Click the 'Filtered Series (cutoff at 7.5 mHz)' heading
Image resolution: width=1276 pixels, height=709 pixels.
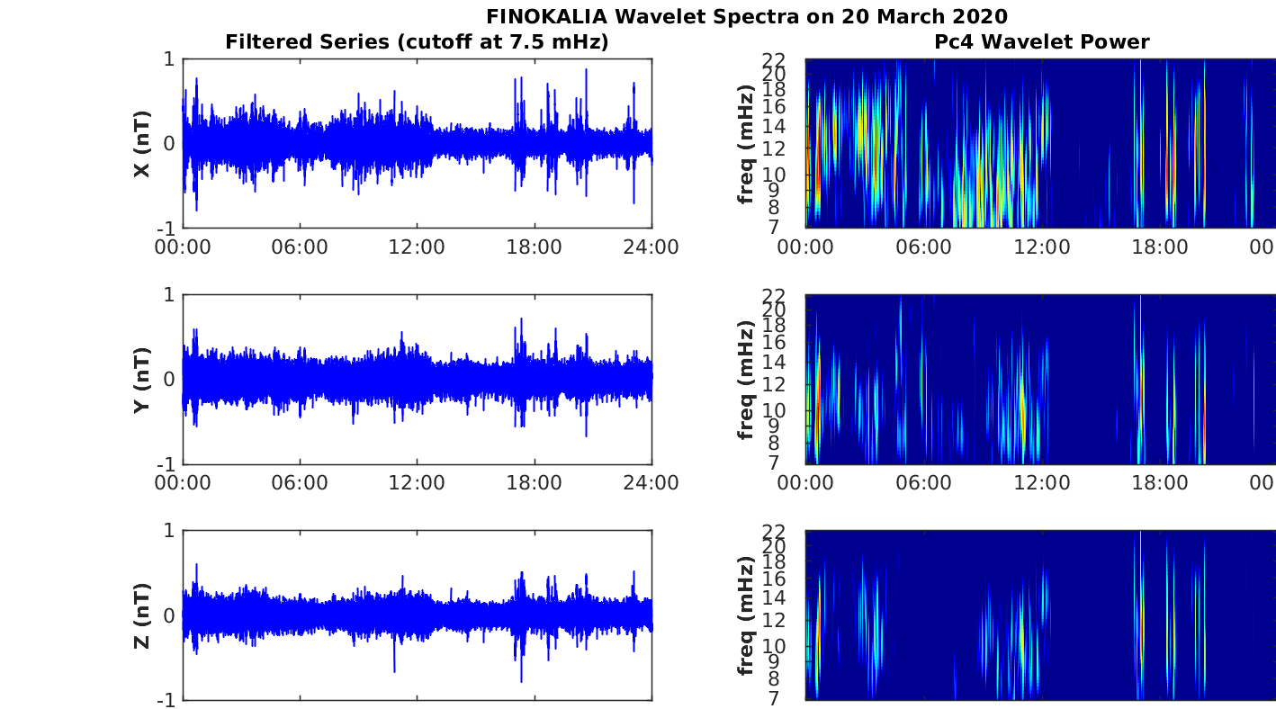tap(417, 41)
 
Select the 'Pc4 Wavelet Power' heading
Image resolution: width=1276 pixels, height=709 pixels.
tap(1041, 41)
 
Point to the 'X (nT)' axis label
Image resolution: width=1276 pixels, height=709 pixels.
tap(142, 144)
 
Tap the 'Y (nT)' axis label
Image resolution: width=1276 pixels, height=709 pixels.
tap(142, 381)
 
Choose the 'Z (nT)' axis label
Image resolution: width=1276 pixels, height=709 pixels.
tap(142, 615)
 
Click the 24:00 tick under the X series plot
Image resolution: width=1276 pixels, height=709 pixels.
tap(651, 247)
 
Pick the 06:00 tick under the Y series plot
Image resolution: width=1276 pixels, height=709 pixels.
tap(300, 483)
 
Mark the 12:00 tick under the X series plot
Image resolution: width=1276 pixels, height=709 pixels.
tap(417, 247)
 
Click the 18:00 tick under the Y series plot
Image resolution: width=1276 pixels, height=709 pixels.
tap(535, 483)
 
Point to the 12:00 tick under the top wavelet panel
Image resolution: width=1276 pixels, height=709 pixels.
tap(1041, 247)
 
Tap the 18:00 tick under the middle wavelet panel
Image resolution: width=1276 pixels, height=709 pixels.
tap(1159, 483)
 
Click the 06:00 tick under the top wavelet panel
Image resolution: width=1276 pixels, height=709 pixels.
tap(924, 247)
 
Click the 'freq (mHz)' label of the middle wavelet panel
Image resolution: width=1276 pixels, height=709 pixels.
tap(745, 380)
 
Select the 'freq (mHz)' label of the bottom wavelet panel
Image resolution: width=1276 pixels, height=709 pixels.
tap(745, 615)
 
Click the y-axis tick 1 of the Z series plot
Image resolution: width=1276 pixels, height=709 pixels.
tap(169, 531)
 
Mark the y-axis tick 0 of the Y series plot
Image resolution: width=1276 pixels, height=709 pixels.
tap(169, 380)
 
